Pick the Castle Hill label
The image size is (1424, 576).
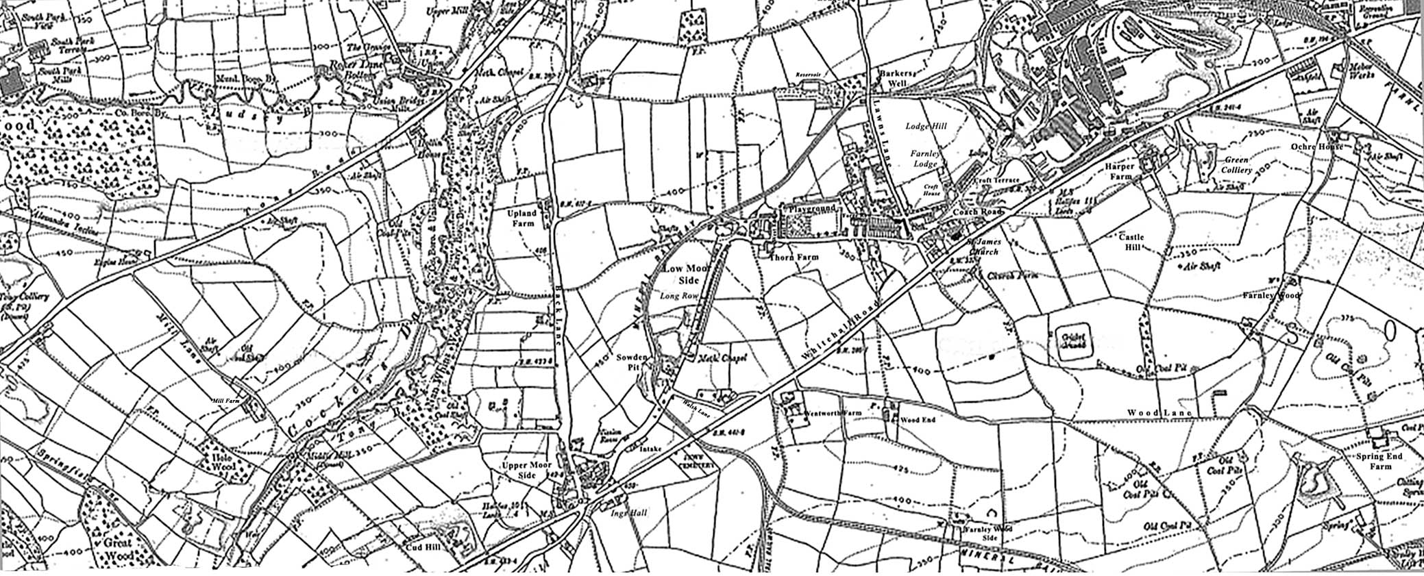click(x=1131, y=242)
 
